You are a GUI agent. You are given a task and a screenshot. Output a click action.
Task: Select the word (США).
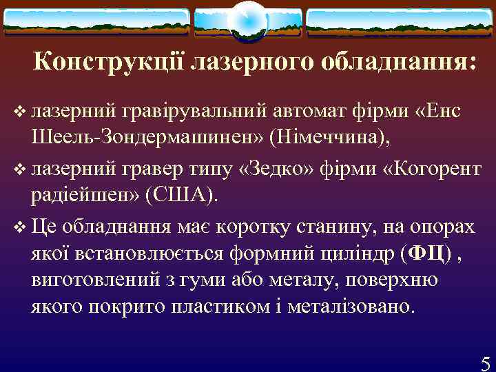(x=181, y=194)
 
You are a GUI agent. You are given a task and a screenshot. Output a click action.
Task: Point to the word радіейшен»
(x=85, y=194)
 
